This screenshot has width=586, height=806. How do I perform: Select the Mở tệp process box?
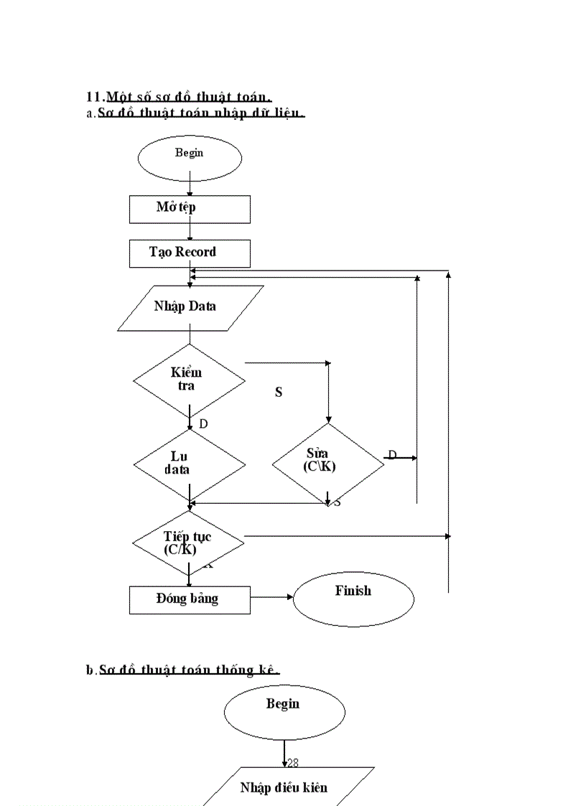190,209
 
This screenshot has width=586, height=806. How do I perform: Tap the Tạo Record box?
190,253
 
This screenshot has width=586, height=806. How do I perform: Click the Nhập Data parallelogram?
190,307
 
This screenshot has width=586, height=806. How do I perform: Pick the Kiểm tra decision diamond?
190,380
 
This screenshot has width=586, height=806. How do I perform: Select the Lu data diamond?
190,464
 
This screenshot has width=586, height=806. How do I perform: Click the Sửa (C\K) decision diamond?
327,462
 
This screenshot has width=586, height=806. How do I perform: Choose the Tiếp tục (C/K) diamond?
190,543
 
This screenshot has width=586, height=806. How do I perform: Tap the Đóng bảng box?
190,599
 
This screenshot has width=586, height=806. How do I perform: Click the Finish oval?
353,597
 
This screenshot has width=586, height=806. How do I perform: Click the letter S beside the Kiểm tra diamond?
279,393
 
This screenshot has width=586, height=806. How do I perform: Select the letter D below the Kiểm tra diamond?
203,424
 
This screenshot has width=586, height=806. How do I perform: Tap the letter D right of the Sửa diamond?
392,454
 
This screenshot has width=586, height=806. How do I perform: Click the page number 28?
293,764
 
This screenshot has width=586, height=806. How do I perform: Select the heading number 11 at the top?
95,97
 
